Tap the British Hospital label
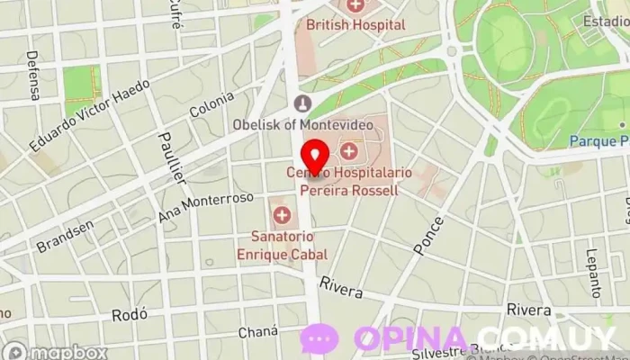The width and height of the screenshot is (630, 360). (x=355, y=25)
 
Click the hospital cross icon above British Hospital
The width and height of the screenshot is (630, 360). (x=356, y=5)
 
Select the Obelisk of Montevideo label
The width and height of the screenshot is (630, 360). (x=303, y=123)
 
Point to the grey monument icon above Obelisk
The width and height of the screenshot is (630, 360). (x=303, y=103)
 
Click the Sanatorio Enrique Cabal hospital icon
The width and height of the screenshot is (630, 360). (x=283, y=215)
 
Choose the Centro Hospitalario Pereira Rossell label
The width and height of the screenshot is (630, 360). (x=342, y=181)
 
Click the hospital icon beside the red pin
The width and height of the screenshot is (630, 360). (x=348, y=149)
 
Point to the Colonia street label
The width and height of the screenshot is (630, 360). (x=211, y=102)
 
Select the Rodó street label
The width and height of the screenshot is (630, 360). (x=129, y=315)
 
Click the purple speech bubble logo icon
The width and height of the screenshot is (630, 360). (x=319, y=339)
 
